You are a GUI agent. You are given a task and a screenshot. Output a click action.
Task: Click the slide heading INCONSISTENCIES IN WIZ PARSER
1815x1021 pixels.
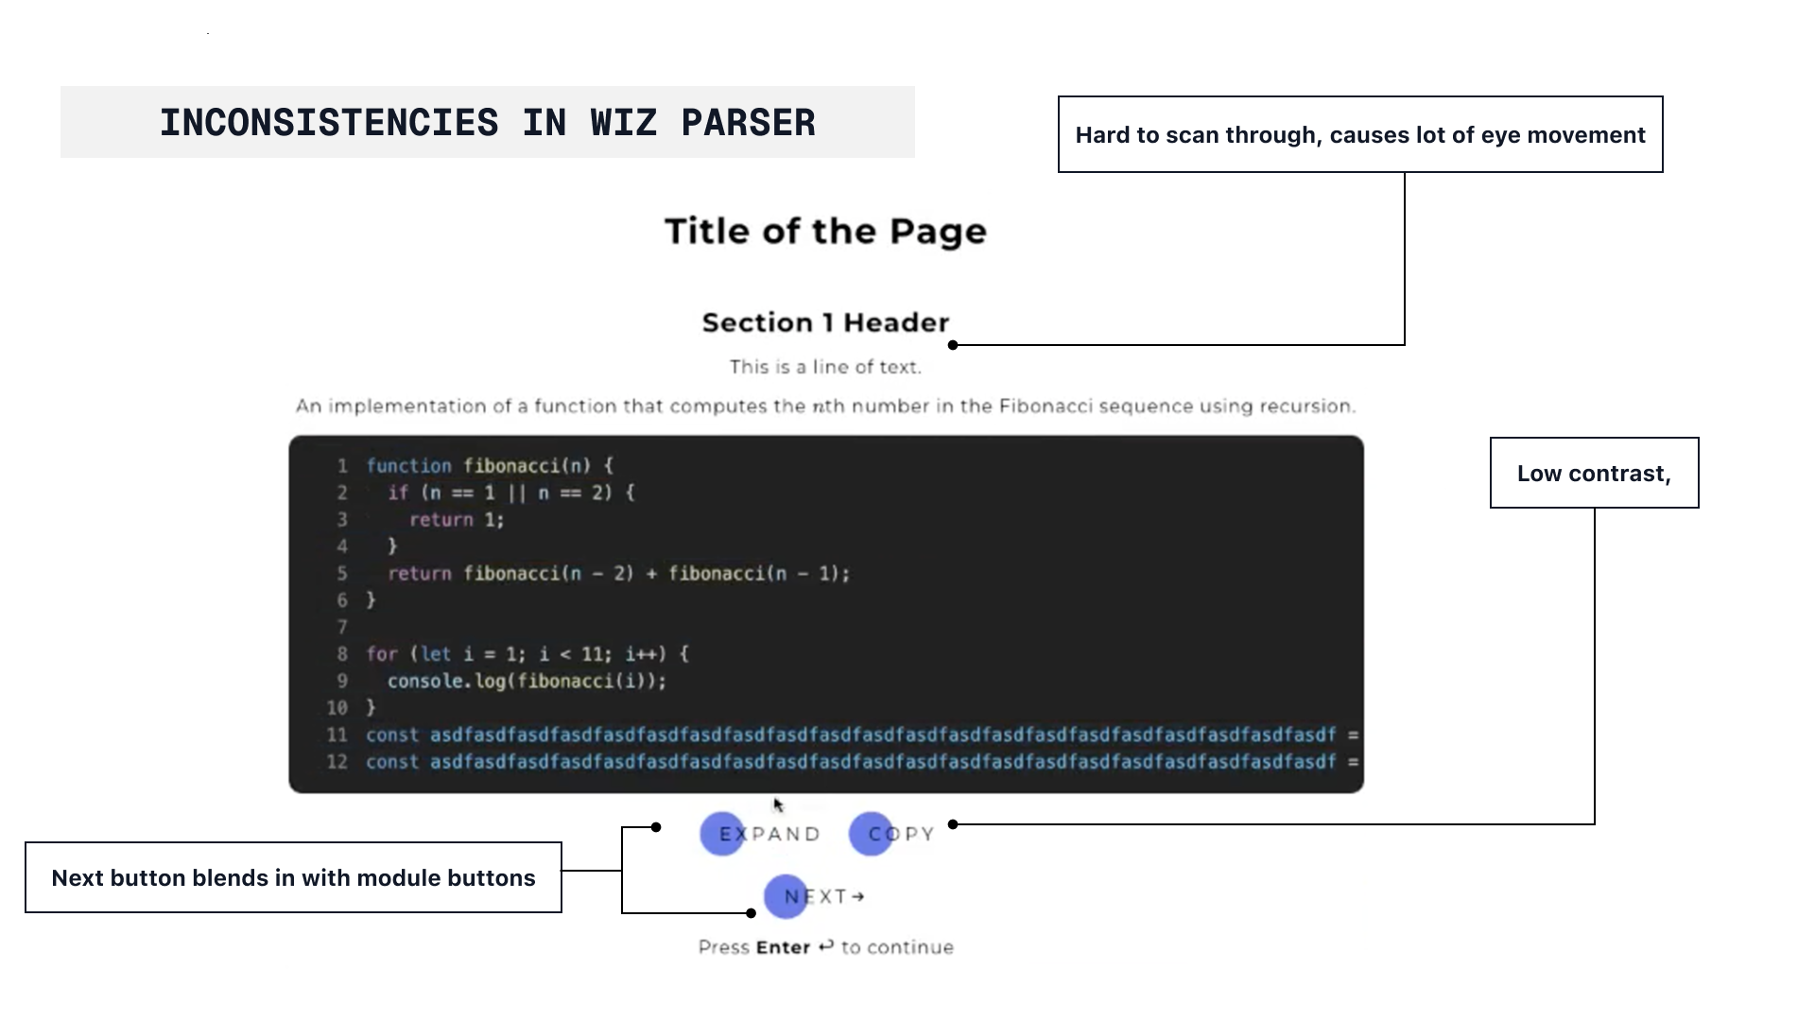(x=487, y=123)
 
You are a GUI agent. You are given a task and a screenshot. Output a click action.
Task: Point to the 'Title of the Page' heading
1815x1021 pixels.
(x=825, y=232)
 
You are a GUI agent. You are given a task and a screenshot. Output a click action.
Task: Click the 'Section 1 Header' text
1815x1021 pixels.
(x=825, y=322)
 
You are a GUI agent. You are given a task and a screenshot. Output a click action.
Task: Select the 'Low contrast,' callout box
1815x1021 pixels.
(x=1594, y=473)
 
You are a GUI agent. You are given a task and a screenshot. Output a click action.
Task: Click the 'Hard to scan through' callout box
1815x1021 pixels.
(x=1359, y=134)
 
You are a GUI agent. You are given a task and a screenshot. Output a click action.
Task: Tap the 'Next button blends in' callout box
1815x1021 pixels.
(x=293, y=877)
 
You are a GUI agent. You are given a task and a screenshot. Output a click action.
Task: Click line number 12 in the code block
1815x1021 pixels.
(x=337, y=762)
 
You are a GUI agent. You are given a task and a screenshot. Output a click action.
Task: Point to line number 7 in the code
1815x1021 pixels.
(x=342, y=627)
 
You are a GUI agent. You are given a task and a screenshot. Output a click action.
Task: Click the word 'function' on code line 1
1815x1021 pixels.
(x=409, y=465)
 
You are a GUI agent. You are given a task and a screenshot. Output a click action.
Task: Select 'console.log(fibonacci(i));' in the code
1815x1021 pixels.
(x=527, y=681)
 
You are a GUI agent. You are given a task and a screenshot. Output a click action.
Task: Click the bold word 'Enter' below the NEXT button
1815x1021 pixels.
(x=783, y=947)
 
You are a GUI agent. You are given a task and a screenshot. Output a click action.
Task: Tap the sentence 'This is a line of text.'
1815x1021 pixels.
(x=825, y=367)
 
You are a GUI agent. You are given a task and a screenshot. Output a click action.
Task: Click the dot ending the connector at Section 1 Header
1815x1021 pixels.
(x=953, y=345)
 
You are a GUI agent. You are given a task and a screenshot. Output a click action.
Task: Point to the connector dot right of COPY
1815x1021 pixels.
(x=953, y=824)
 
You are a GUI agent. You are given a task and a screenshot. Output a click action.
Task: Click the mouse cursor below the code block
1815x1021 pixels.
(x=778, y=805)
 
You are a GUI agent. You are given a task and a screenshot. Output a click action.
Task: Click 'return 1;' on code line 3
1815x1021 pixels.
(x=457, y=519)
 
